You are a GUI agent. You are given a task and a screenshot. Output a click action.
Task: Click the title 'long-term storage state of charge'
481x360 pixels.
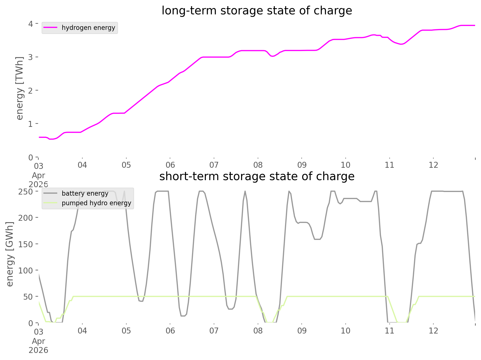(257, 11)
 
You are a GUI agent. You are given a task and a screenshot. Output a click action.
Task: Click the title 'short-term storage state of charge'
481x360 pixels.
(257, 176)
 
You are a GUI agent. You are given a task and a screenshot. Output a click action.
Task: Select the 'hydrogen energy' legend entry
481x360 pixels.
(88, 28)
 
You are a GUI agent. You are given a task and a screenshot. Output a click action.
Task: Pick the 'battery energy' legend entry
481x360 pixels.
(85, 193)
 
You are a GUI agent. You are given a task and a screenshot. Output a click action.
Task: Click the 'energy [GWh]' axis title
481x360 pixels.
(10, 254)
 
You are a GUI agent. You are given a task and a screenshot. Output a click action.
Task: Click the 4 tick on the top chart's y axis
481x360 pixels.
(30, 24)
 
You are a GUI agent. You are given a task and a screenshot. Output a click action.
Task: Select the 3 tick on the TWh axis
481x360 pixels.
(30, 57)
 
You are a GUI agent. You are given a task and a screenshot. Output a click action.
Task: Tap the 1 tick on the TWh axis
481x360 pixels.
(30, 123)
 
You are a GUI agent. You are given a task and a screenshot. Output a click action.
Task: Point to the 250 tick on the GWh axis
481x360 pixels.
(26, 191)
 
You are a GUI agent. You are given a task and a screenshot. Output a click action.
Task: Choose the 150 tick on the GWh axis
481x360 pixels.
(26, 244)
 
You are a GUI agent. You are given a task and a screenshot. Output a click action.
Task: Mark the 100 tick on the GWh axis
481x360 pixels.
(26, 270)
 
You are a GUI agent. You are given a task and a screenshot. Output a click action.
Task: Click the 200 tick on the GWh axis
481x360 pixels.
(26, 218)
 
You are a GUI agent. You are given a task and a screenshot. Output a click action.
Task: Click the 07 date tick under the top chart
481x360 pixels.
(214, 165)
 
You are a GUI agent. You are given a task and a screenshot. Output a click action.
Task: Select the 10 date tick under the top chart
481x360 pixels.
(346, 165)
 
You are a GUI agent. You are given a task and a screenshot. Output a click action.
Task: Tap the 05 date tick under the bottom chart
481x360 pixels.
(126, 331)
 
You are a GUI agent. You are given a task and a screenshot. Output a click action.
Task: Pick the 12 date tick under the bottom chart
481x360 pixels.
(434, 331)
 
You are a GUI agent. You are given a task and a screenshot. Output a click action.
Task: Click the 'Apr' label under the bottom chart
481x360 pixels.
(39, 341)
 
